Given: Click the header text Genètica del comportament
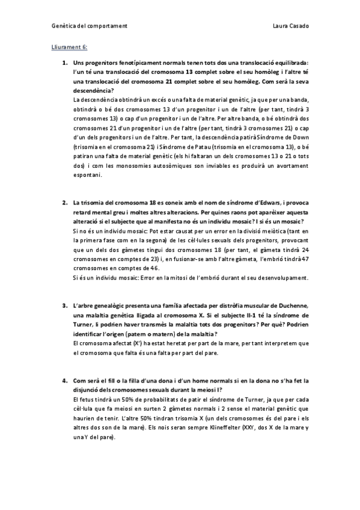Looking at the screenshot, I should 88,26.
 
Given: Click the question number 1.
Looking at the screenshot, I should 64,62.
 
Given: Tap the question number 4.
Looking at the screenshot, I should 64,381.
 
